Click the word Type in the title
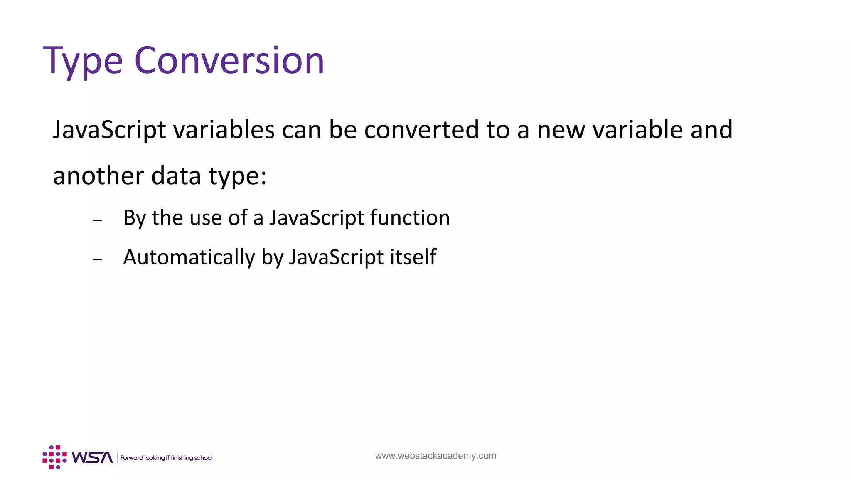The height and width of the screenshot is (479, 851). (83, 62)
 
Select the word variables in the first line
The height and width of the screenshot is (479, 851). (224, 130)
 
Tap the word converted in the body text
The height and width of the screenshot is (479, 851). (421, 130)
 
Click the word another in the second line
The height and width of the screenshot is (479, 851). (98, 175)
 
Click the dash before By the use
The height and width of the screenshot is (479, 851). (98, 220)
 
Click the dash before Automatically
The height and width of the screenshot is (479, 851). (98, 259)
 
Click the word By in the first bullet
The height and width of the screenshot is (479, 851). (134, 218)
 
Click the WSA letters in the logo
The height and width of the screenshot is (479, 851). (92, 457)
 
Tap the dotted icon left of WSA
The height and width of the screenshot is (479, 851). (54, 457)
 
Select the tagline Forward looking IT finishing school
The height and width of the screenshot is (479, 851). (166, 458)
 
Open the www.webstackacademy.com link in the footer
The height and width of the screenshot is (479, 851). (435, 456)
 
